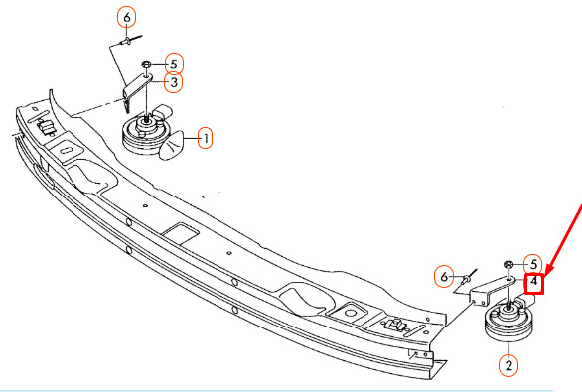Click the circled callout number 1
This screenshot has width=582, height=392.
point(205,138)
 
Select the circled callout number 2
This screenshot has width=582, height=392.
point(509,365)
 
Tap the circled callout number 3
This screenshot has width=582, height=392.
point(173,82)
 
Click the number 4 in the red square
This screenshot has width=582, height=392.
point(533,284)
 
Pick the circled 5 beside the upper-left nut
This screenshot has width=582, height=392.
point(174,65)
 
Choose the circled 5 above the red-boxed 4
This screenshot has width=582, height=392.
point(533,264)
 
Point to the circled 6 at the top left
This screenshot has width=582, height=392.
point(126,18)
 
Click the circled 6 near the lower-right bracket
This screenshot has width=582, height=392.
point(444,276)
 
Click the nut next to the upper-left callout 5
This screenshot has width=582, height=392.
point(146,65)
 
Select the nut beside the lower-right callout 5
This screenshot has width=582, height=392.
point(508,264)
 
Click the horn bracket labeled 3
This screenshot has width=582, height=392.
point(135,89)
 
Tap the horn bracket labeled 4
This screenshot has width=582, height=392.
point(490,290)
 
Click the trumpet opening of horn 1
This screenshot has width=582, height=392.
point(172,146)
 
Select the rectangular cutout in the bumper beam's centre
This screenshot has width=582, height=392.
point(181,233)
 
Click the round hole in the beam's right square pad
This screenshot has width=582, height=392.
point(350,313)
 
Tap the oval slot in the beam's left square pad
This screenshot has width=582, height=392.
point(68,150)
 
